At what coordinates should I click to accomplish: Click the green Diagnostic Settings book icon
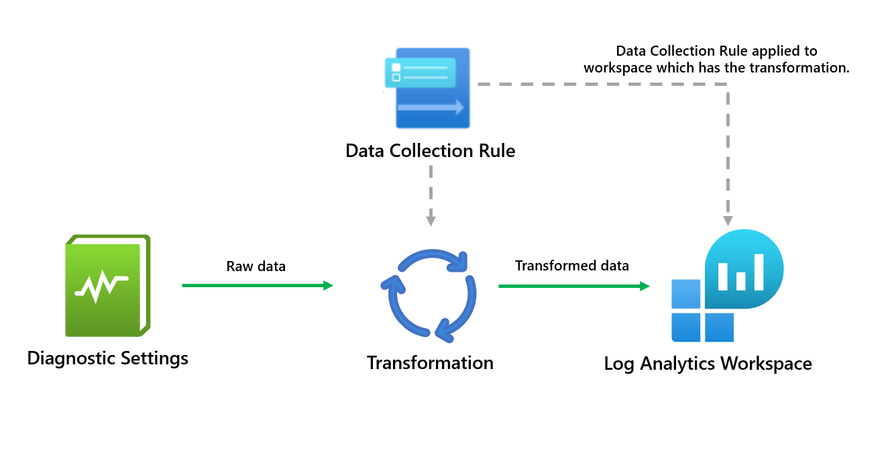pyautogui.click(x=107, y=286)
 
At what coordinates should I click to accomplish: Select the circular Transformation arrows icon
pyautogui.click(x=429, y=293)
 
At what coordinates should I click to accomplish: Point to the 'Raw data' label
pyautogui.click(x=256, y=266)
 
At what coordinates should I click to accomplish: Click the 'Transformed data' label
pyautogui.click(x=571, y=266)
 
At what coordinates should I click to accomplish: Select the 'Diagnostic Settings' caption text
pyautogui.click(x=107, y=358)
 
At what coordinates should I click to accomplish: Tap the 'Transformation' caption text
pyautogui.click(x=430, y=363)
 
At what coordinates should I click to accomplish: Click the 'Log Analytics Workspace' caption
pyautogui.click(x=708, y=364)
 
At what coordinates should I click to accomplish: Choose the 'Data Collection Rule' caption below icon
pyautogui.click(x=430, y=151)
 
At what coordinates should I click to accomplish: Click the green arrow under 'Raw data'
pyautogui.click(x=257, y=286)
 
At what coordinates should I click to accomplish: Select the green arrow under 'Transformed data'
pyautogui.click(x=574, y=287)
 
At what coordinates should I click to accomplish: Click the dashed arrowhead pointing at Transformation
pyautogui.click(x=431, y=220)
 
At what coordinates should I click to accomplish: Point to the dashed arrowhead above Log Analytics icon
pyautogui.click(x=728, y=220)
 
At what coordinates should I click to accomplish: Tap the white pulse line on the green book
pyautogui.click(x=101, y=287)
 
